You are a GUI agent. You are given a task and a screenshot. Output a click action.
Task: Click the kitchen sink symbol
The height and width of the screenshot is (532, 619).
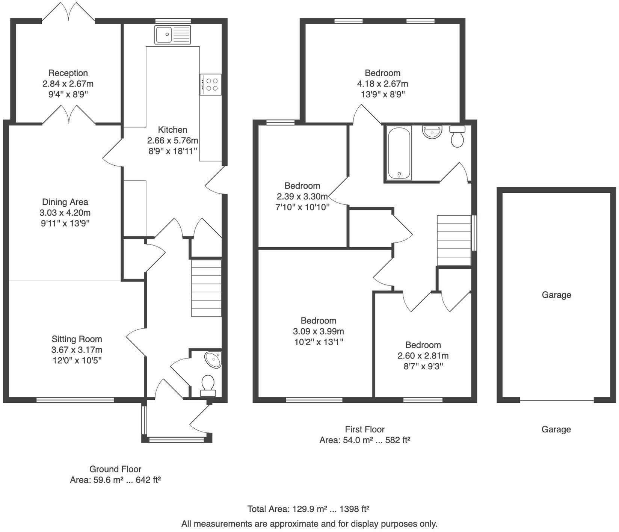(172, 35)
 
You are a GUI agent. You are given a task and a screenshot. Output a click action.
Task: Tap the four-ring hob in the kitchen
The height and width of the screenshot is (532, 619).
(210, 85)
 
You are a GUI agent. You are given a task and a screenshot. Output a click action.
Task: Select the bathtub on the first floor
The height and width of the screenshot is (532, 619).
(399, 153)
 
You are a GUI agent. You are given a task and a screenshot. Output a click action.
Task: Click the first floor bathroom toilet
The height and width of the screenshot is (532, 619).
(457, 137)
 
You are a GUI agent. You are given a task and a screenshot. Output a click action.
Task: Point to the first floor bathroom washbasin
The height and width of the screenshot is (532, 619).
(432, 132)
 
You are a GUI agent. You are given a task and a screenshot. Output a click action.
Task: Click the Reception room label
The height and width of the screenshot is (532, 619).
(68, 73)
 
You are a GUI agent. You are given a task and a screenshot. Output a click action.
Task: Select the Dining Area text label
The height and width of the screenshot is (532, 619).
(65, 202)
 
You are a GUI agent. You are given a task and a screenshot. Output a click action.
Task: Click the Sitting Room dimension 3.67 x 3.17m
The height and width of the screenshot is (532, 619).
(77, 350)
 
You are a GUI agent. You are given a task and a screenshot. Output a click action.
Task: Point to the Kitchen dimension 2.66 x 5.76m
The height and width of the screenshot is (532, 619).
(172, 141)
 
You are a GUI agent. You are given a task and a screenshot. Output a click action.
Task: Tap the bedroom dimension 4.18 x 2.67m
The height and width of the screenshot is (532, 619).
(382, 84)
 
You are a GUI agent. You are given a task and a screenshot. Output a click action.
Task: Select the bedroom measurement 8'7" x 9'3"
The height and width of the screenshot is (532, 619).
(423, 366)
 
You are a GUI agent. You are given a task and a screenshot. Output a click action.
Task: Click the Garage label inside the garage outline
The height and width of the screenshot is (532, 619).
(556, 295)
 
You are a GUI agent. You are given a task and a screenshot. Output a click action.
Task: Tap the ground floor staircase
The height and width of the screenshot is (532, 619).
(206, 288)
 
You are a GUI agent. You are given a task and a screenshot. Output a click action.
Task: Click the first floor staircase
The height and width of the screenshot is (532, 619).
(454, 240)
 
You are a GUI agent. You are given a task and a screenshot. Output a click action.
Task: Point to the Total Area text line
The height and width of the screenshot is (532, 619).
(308, 509)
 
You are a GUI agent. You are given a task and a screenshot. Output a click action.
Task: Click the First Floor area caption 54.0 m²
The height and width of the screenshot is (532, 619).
(364, 440)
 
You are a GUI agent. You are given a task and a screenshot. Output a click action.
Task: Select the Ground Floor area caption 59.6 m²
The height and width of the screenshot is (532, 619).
(115, 480)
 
